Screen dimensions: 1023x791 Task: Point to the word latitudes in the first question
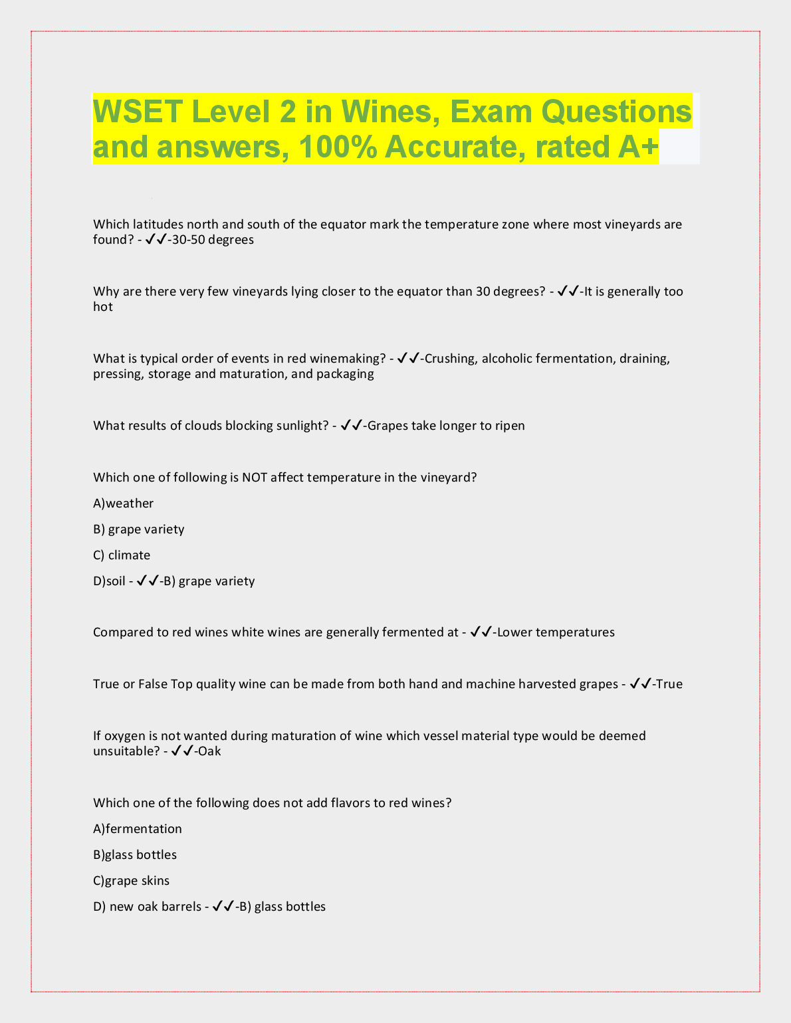[x=158, y=225]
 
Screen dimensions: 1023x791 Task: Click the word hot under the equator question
[x=103, y=307]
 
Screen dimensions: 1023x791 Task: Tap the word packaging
[x=345, y=374]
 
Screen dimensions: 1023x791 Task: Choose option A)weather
[x=124, y=504]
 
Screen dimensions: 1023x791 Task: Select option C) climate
[x=122, y=555]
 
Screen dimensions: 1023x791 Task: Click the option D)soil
[x=109, y=581]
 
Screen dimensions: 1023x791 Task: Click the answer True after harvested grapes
[x=669, y=684]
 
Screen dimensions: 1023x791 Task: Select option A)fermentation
[x=138, y=829]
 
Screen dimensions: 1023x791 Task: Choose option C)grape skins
[x=132, y=881]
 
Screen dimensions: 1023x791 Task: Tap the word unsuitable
[x=125, y=751]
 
